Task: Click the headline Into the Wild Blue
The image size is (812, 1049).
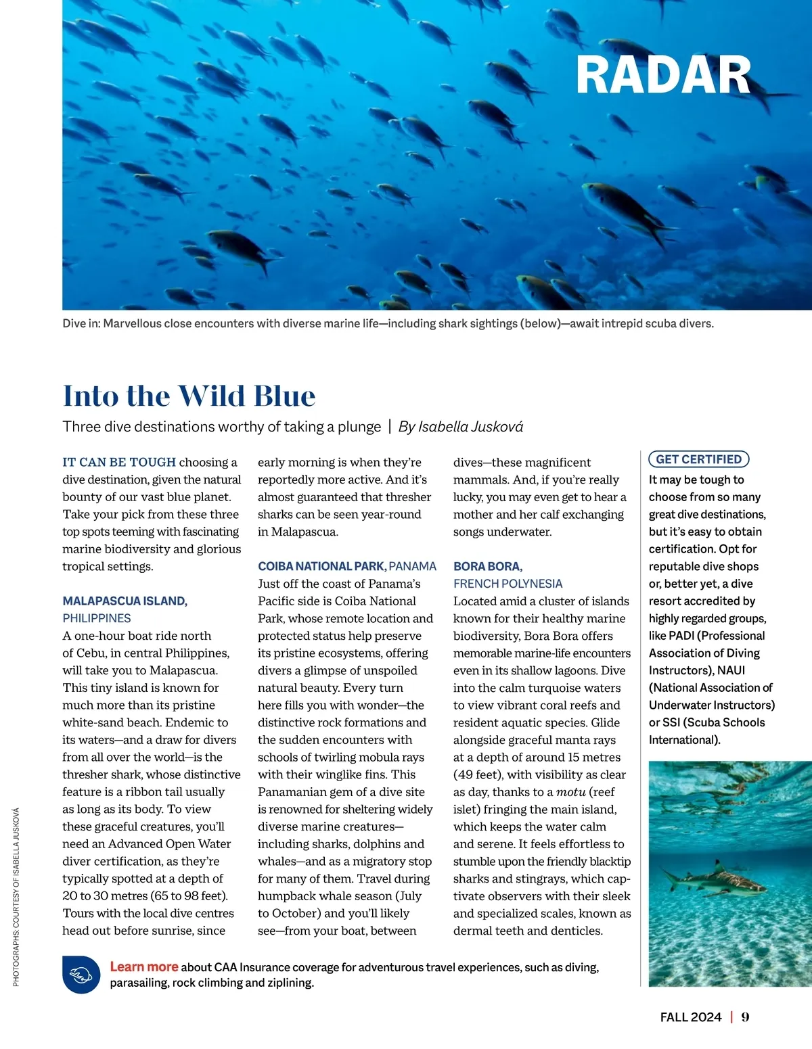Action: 189,396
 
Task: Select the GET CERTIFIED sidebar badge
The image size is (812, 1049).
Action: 698,459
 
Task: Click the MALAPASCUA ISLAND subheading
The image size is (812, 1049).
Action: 125,601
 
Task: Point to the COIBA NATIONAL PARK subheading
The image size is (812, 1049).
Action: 321,566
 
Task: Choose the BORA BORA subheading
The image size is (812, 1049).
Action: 487,566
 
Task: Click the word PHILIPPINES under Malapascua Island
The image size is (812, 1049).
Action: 97,618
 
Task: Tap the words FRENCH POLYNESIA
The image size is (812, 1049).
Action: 507,584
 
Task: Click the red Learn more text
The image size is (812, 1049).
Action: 144,966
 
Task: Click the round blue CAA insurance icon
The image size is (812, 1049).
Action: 81,975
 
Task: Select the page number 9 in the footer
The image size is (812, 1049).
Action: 745,1017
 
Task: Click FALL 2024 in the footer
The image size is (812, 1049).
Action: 691,1017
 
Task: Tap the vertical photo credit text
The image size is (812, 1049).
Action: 16,896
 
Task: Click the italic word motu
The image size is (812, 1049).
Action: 570,792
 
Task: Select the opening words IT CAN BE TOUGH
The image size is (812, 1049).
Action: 119,462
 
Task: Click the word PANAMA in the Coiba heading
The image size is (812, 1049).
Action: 413,566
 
